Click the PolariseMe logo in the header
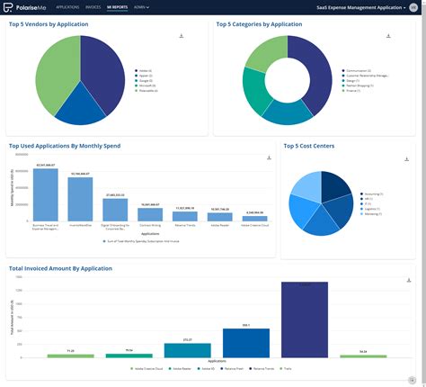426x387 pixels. tap(26, 6)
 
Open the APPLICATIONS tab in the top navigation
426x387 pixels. tap(67, 6)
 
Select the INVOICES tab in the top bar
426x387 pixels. tap(93, 6)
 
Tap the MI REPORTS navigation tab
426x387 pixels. tap(117, 6)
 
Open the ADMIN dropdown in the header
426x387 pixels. tap(141, 6)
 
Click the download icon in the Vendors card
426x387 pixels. tap(182, 37)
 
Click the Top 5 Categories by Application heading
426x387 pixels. tap(259, 24)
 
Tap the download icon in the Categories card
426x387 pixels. tap(388, 37)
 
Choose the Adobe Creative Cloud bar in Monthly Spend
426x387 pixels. tap(254, 218)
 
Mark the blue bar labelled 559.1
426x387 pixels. tap(245, 343)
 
